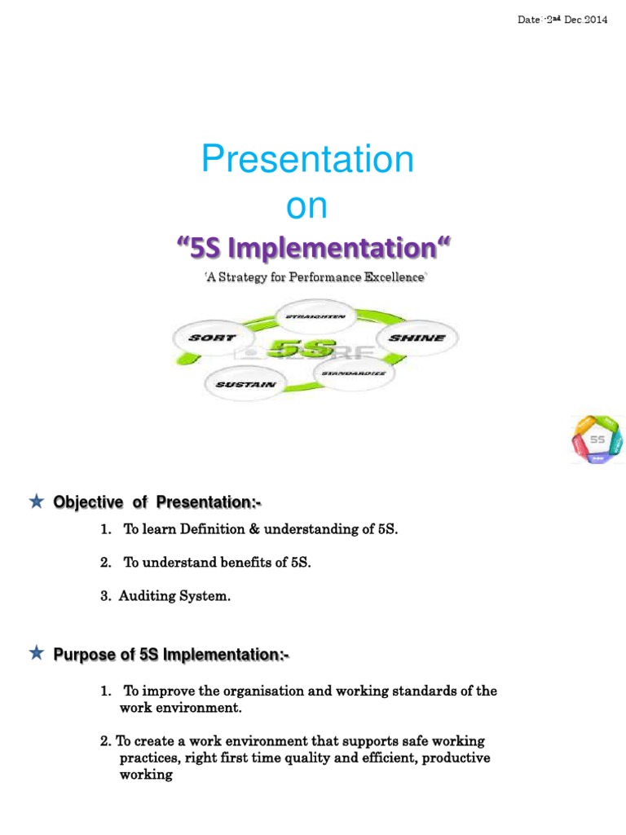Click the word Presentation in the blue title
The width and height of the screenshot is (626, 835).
(308, 160)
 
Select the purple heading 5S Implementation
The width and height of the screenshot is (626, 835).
(314, 247)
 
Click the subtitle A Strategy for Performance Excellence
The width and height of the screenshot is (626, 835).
(315, 278)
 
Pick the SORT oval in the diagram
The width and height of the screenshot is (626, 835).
(213, 338)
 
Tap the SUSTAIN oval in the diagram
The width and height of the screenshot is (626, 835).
(245, 384)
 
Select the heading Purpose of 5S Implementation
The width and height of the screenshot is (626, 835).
(171, 655)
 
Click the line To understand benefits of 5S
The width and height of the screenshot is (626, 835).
(217, 563)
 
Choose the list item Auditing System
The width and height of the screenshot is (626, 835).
(174, 597)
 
